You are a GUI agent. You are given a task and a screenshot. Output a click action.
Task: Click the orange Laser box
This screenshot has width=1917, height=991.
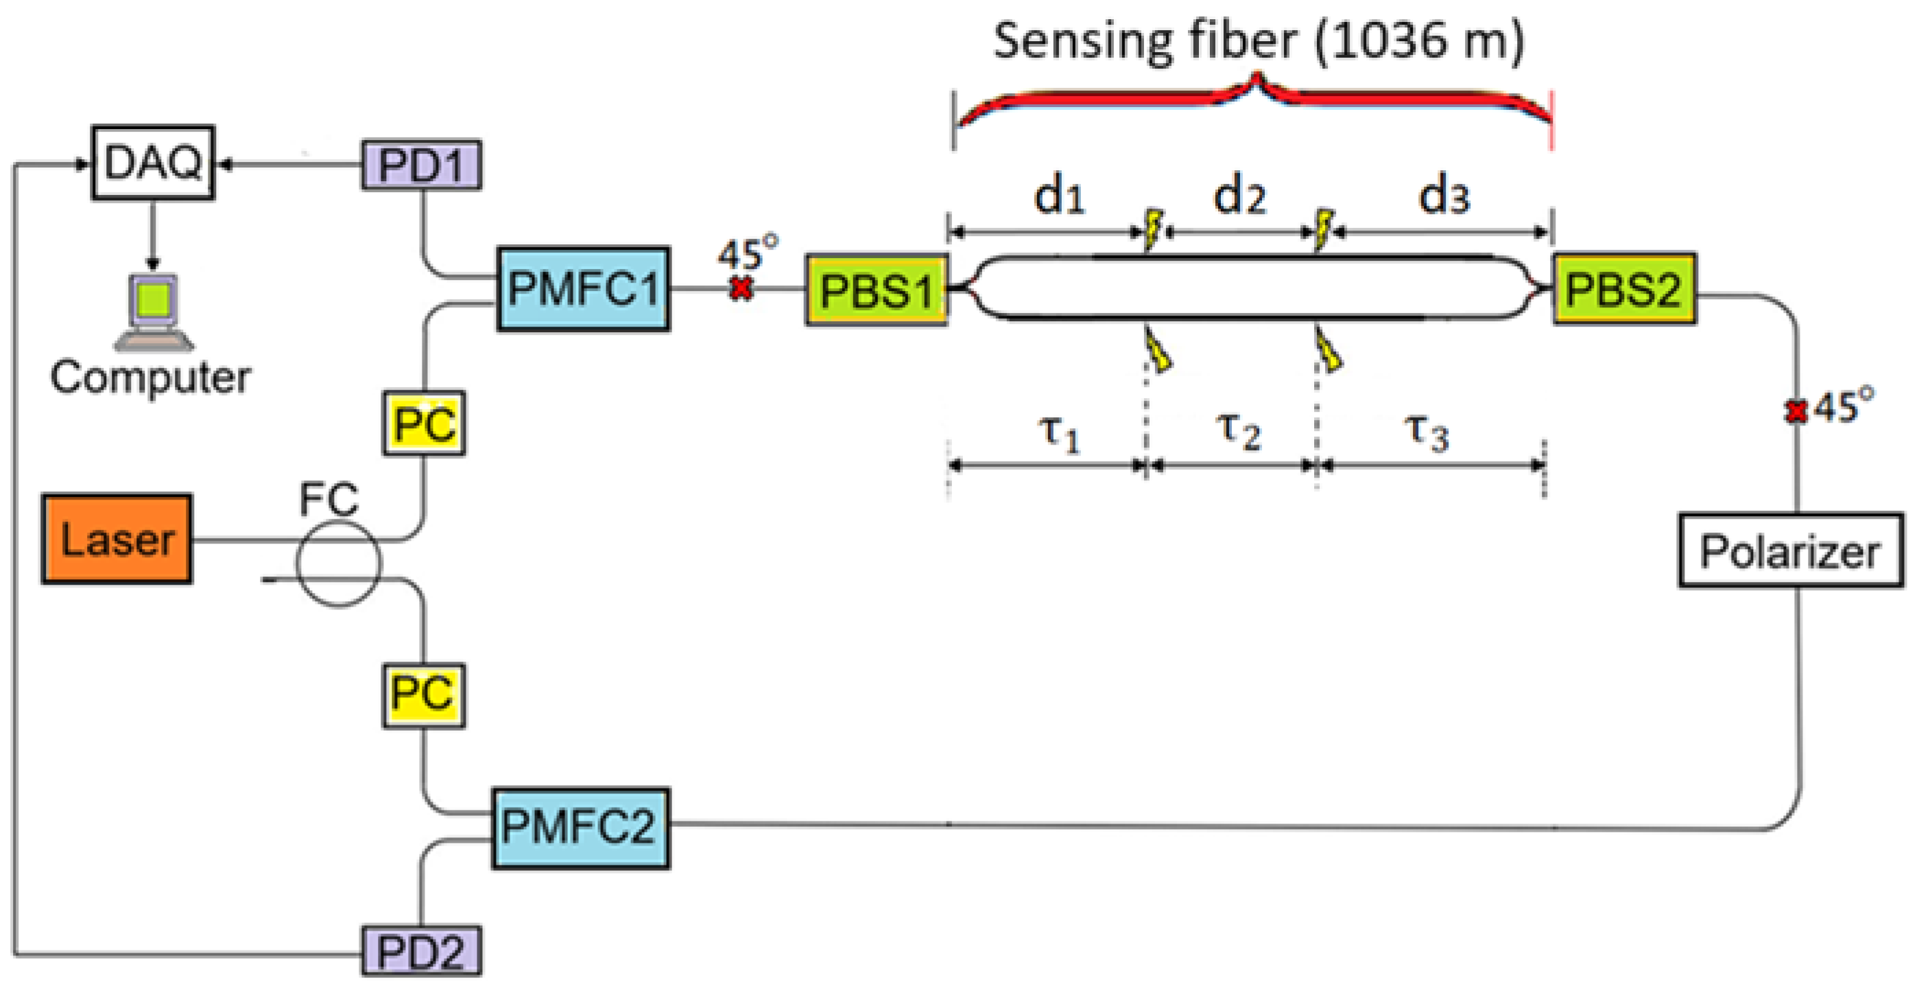(117, 539)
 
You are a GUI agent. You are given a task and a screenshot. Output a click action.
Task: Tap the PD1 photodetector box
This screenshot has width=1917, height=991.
(421, 165)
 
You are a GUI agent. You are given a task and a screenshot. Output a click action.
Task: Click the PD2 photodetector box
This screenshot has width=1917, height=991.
(421, 951)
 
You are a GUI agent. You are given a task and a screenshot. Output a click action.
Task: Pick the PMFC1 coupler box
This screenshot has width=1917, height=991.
(583, 289)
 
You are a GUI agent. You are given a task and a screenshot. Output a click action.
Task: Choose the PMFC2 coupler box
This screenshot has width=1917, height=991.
(580, 828)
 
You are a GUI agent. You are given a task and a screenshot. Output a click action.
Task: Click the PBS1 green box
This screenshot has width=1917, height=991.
(877, 290)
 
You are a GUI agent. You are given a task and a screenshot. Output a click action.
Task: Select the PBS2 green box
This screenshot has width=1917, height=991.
(1624, 289)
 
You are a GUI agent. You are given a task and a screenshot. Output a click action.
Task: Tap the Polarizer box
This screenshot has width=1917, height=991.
(1791, 551)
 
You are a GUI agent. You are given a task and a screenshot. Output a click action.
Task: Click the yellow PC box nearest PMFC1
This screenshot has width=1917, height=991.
(424, 423)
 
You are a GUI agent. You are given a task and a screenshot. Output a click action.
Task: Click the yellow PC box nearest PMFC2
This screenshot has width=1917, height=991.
(423, 695)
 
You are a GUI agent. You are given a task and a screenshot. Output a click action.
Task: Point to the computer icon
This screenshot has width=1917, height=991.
(154, 311)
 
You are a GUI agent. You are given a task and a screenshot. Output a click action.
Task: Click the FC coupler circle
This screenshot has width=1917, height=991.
(339, 563)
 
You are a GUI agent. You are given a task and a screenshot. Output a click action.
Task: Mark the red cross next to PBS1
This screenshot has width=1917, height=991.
(741, 288)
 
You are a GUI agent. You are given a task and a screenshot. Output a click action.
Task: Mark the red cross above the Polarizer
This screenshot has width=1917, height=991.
(1796, 411)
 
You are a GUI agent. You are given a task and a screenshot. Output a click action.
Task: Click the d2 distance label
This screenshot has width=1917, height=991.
(1239, 196)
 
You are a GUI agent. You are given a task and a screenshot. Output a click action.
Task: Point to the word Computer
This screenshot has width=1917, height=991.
(150, 377)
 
